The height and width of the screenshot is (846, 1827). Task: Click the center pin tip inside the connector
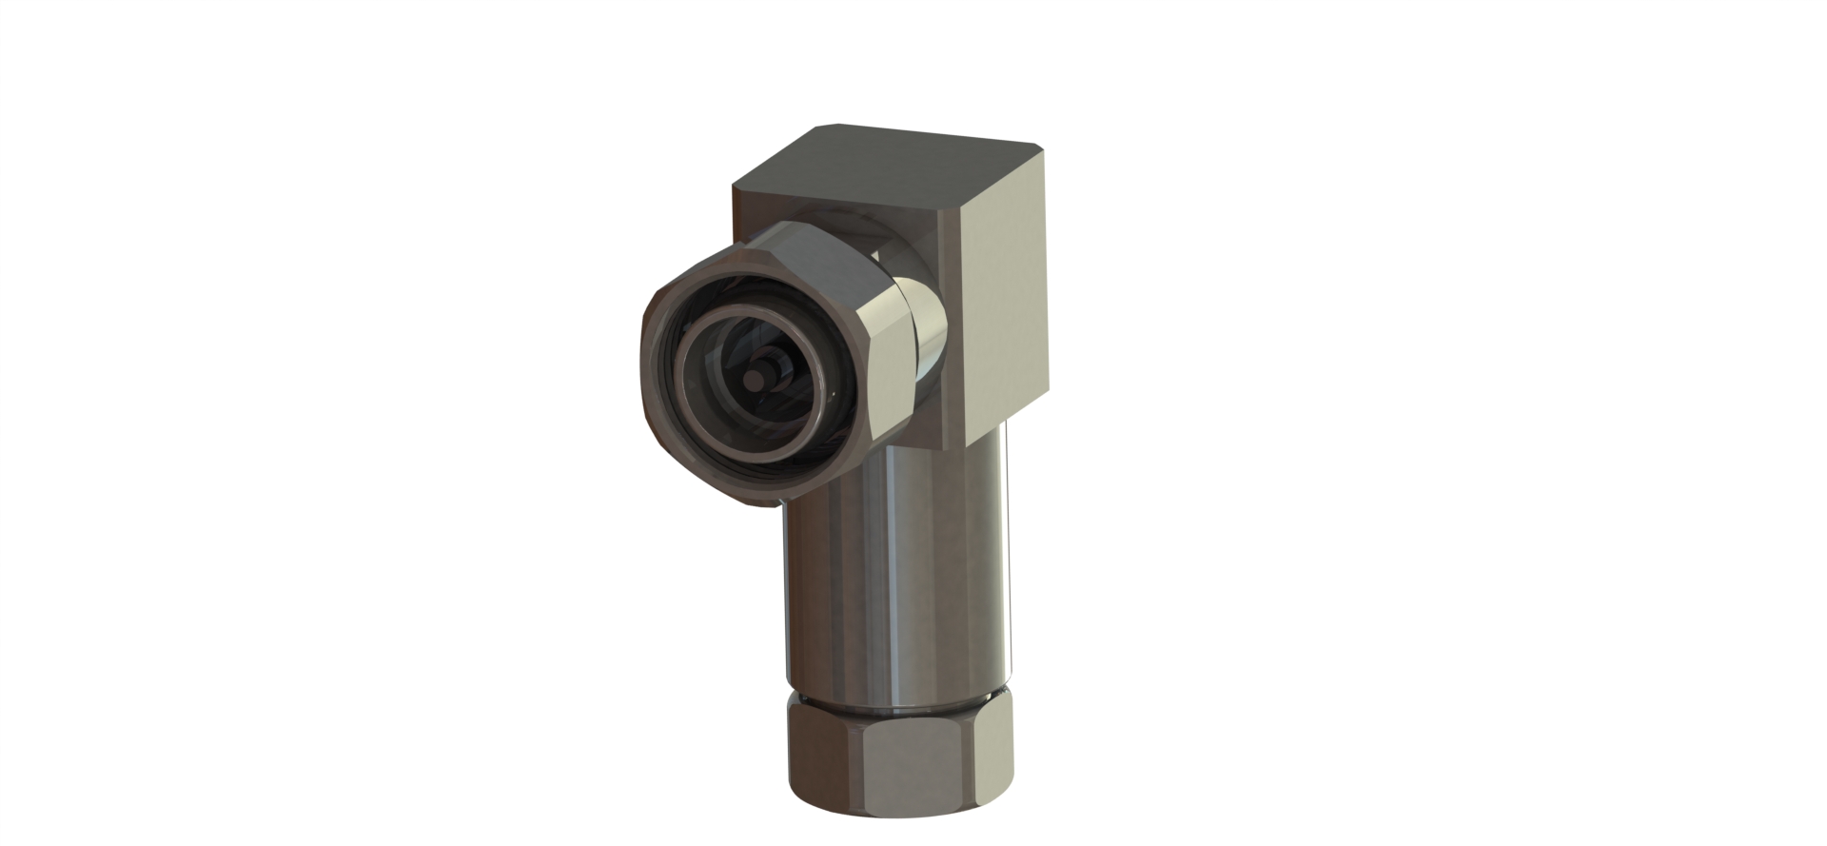coord(759,378)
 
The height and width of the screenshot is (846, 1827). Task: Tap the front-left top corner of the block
coord(734,187)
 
